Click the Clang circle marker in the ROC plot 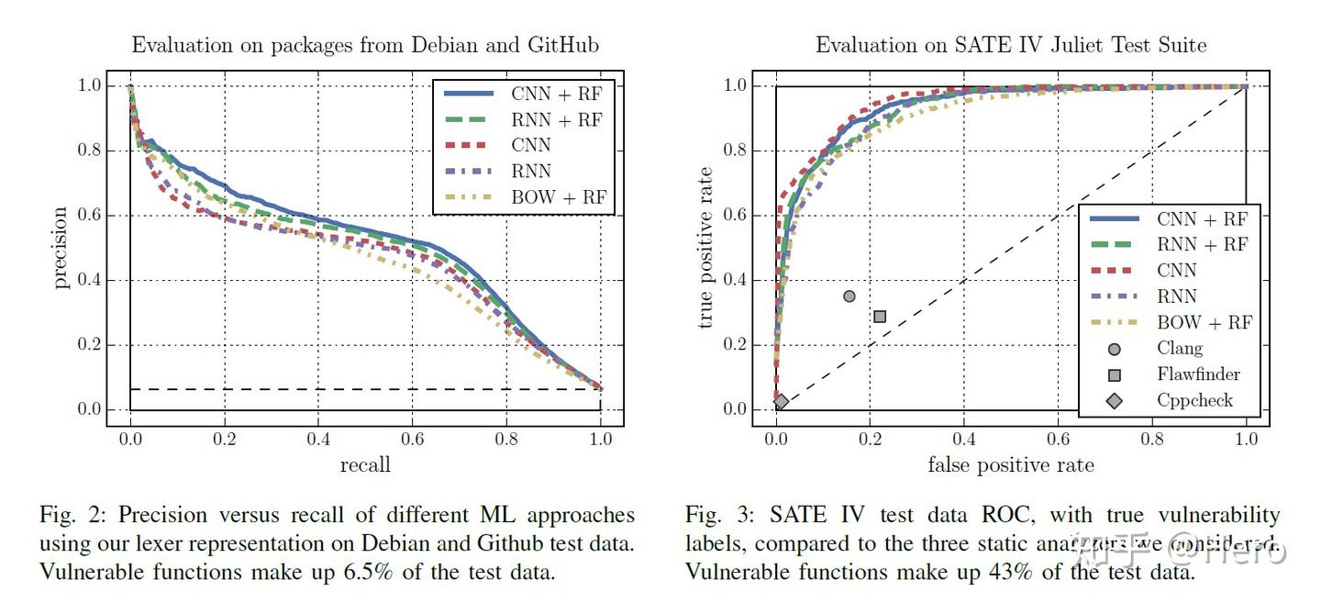point(849,296)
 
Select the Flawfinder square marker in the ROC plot point(880,317)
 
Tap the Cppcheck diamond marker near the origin point(782,401)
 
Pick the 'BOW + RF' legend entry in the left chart point(559,196)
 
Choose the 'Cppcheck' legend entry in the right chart point(1194,400)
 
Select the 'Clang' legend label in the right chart point(1179,349)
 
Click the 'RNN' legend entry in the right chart point(1176,296)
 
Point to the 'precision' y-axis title point(61,248)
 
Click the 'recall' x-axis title point(365,465)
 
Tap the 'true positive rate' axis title point(705,248)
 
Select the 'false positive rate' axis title point(1011,465)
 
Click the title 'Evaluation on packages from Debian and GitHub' point(365,45)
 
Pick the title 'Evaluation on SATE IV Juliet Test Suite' point(1011,45)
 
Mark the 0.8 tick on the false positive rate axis point(1152,439)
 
